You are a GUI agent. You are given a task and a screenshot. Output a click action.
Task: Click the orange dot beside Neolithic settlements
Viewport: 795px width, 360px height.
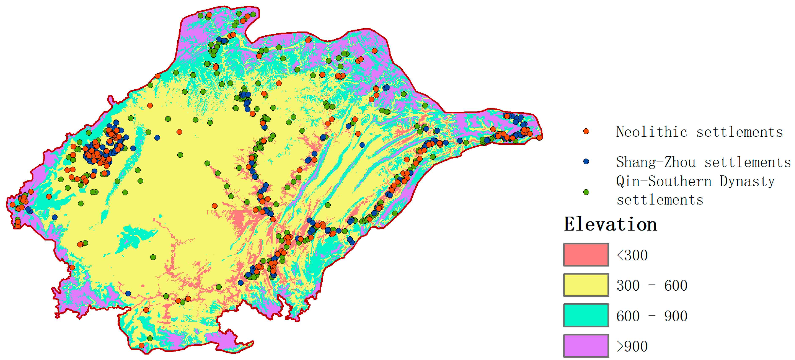pos(586,132)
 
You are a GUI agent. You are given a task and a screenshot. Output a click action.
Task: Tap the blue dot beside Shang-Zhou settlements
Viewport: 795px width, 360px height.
pos(586,161)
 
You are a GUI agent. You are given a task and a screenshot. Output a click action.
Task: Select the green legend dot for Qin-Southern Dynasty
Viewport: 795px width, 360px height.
pos(586,192)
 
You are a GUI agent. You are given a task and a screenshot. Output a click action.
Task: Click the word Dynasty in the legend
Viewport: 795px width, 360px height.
pos(747,181)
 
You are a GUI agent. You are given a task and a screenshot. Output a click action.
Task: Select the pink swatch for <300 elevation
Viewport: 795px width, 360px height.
pos(586,255)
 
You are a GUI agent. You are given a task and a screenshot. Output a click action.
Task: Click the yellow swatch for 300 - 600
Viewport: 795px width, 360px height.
pos(586,285)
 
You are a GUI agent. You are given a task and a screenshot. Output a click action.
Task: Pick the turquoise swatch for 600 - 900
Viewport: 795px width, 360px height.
pos(586,315)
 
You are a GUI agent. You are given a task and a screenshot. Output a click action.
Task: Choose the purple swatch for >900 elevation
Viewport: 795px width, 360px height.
pos(586,345)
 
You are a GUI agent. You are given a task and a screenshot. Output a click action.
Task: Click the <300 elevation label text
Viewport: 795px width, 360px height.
pos(632,255)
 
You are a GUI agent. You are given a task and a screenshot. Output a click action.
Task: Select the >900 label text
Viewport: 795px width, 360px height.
pos(632,346)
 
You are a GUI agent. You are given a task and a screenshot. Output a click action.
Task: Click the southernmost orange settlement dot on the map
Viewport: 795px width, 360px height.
pos(141,345)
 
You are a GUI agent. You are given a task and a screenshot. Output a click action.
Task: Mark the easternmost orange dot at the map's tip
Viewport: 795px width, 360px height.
pos(539,138)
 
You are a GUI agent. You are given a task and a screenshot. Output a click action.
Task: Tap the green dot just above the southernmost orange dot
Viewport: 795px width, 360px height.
pos(150,338)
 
